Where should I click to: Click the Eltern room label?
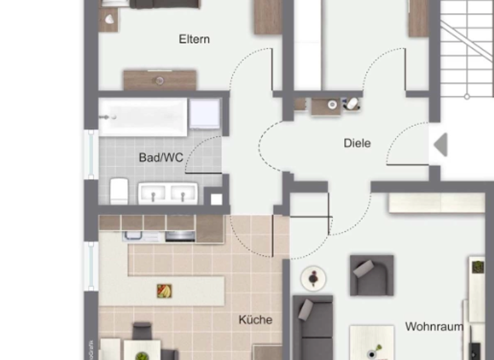(x=194, y=39)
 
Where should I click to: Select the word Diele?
(x=357, y=143)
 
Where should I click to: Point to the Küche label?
(x=255, y=319)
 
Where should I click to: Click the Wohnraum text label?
(x=434, y=327)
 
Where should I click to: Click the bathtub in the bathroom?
(x=143, y=116)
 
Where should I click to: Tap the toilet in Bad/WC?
(x=118, y=191)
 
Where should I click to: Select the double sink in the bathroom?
(x=167, y=193)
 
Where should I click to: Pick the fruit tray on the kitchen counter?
(x=165, y=291)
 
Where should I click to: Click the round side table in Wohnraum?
(x=313, y=278)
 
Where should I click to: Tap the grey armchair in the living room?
(x=371, y=275)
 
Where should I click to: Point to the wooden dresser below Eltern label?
(x=160, y=80)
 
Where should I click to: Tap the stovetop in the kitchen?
(x=180, y=236)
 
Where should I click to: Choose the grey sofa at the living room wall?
(x=313, y=328)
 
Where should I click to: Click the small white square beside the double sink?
(x=216, y=199)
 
